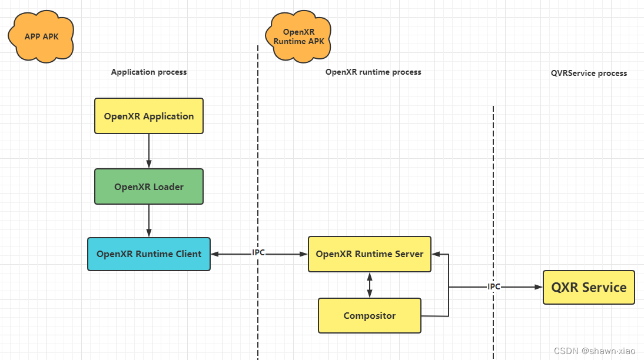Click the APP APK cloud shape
coord(41,37)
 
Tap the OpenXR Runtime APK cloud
coord(298,37)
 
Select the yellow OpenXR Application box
coord(149,116)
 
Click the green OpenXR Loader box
coord(149,186)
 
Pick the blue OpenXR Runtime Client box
coord(149,254)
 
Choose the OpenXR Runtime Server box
coord(370,254)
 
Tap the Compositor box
coord(370,316)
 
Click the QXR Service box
coord(589,287)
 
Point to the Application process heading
coord(149,72)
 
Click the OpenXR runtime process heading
coord(373,72)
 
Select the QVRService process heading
coord(589,74)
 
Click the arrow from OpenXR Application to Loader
coord(149,151)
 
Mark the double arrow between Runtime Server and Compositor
coord(370,285)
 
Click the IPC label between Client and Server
coord(258,253)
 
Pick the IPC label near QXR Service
coord(493,286)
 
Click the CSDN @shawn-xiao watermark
coord(595,351)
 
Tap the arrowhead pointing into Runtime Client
coord(215,254)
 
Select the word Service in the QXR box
coord(605,287)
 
